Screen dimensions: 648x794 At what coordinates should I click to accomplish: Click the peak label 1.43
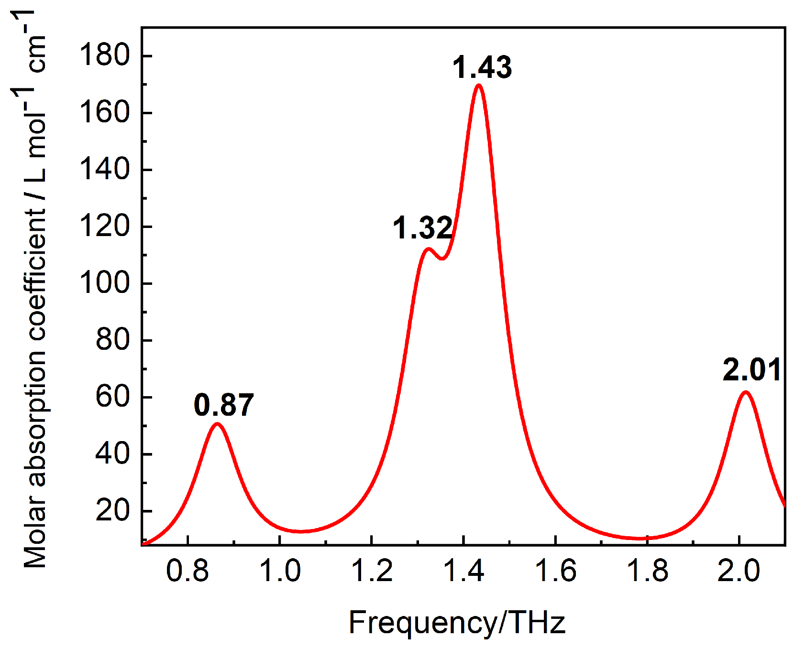point(482,67)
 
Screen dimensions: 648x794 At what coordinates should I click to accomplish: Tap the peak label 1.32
point(422,228)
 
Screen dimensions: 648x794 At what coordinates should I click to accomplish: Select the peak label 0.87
point(223,405)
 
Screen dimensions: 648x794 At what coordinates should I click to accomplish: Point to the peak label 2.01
point(752,370)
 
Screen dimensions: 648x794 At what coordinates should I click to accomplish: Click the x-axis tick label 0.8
point(187,571)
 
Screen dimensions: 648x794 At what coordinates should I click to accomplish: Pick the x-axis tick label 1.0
point(280,571)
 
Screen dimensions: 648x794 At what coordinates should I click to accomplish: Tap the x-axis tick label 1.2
point(372,571)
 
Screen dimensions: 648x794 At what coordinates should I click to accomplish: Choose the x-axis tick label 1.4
point(463,571)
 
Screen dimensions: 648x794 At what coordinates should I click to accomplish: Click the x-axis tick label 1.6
point(555,571)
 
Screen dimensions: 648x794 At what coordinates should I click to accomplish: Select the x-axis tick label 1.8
point(647,571)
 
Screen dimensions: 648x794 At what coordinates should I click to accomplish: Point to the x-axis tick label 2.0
point(739,571)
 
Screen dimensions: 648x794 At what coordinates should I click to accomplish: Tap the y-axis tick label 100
point(105,283)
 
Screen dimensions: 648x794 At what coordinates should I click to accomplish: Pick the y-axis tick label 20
point(113,511)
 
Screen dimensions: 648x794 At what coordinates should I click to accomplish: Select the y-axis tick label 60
point(113,397)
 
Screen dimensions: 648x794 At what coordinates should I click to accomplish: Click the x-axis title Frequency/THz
point(457,623)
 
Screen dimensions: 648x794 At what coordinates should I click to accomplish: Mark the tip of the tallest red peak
point(479,86)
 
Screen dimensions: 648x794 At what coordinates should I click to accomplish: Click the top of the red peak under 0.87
point(218,424)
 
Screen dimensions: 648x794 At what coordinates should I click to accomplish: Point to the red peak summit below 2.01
point(746,392)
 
